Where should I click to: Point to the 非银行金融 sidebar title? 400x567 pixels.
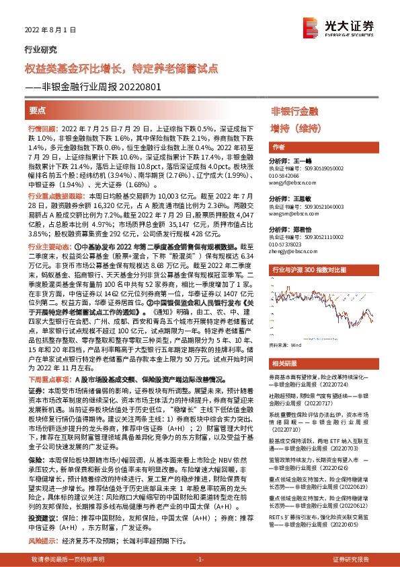click(x=294, y=110)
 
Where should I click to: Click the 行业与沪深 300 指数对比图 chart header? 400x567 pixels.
click(x=309, y=269)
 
